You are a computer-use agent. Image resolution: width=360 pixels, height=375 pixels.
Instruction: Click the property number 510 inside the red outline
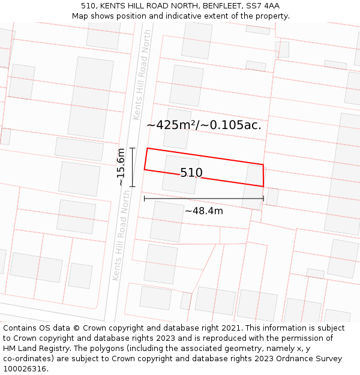[191, 173]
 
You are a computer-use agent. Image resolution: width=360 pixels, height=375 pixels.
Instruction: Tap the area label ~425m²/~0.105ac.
[204, 125]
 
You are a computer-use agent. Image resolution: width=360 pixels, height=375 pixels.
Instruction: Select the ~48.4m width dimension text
[204, 211]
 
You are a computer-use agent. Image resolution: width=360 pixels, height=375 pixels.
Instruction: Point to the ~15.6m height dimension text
[121, 167]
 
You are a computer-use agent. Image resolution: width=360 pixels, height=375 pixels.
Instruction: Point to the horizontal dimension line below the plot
[203, 198]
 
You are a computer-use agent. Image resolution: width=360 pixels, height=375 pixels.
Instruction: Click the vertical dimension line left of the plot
[133, 167]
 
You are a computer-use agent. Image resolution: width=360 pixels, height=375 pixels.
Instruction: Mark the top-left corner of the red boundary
[147, 148]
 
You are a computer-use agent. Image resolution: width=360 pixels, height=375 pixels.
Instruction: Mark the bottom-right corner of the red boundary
[263, 186]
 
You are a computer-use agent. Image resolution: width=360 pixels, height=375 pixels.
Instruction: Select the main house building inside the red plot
[180, 174]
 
